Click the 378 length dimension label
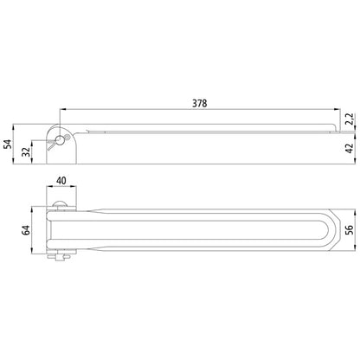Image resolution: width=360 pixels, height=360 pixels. [200, 103]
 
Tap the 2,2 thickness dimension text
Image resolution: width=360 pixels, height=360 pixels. [350, 119]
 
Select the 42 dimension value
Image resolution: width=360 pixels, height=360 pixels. [350, 148]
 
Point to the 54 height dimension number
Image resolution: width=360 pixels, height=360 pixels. [9, 144]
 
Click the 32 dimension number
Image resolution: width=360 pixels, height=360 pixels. [27, 152]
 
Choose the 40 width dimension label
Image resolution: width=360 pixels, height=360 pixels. [61, 181]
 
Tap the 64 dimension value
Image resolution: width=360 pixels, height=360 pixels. [27, 230]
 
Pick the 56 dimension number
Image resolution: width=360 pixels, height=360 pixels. [350, 229]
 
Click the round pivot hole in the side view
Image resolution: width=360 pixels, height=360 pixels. [60, 140]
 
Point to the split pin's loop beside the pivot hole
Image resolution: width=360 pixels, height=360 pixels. [67, 137]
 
